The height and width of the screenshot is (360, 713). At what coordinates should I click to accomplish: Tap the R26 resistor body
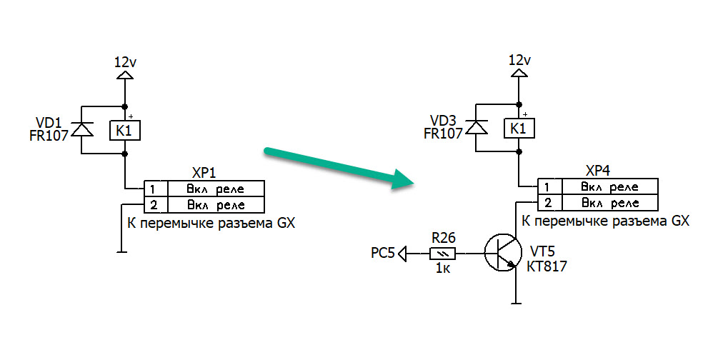tap(441, 252)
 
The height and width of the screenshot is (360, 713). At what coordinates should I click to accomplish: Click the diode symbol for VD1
tap(83, 129)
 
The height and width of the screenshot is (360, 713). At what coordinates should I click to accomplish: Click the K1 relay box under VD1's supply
tap(124, 130)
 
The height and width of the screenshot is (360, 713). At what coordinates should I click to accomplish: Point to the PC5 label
tap(382, 252)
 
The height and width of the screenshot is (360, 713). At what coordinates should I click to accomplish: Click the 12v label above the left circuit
tap(125, 62)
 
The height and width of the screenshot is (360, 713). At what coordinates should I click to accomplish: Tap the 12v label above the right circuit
tap(519, 60)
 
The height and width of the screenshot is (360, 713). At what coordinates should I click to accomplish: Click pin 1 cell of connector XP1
tap(155, 189)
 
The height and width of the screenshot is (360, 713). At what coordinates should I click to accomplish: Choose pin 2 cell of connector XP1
tap(155, 206)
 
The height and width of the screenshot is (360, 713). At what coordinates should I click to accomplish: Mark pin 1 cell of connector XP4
tap(549, 187)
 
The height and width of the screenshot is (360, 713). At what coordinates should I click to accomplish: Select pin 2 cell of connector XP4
tap(549, 204)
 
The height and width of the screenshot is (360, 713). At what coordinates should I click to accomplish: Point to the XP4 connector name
tap(597, 171)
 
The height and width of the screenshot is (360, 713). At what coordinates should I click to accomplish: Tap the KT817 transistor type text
tap(548, 266)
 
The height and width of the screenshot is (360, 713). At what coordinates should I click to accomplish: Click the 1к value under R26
tap(442, 269)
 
